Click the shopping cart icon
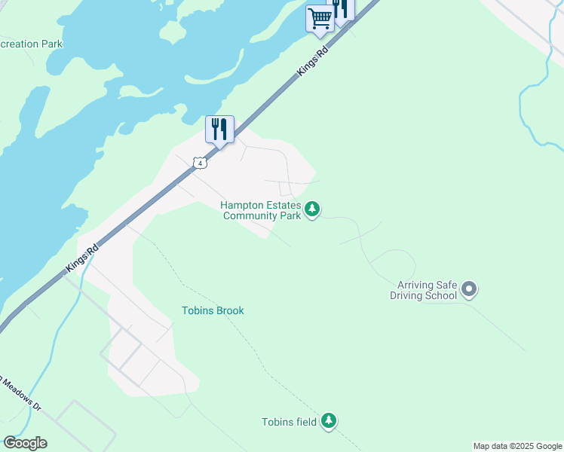(x=320, y=18)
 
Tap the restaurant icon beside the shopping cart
(x=342, y=9)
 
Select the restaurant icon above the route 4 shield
(x=219, y=129)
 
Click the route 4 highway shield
(x=199, y=162)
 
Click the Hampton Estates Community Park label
(x=261, y=210)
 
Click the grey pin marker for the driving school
(x=469, y=289)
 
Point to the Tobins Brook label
(x=213, y=310)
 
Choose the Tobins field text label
(x=289, y=422)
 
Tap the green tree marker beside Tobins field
(x=329, y=421)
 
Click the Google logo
(x=25, y=443)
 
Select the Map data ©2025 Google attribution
(x=517, y=446)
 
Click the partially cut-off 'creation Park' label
(x=31, y=44)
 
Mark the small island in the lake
(x=173, y=32)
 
